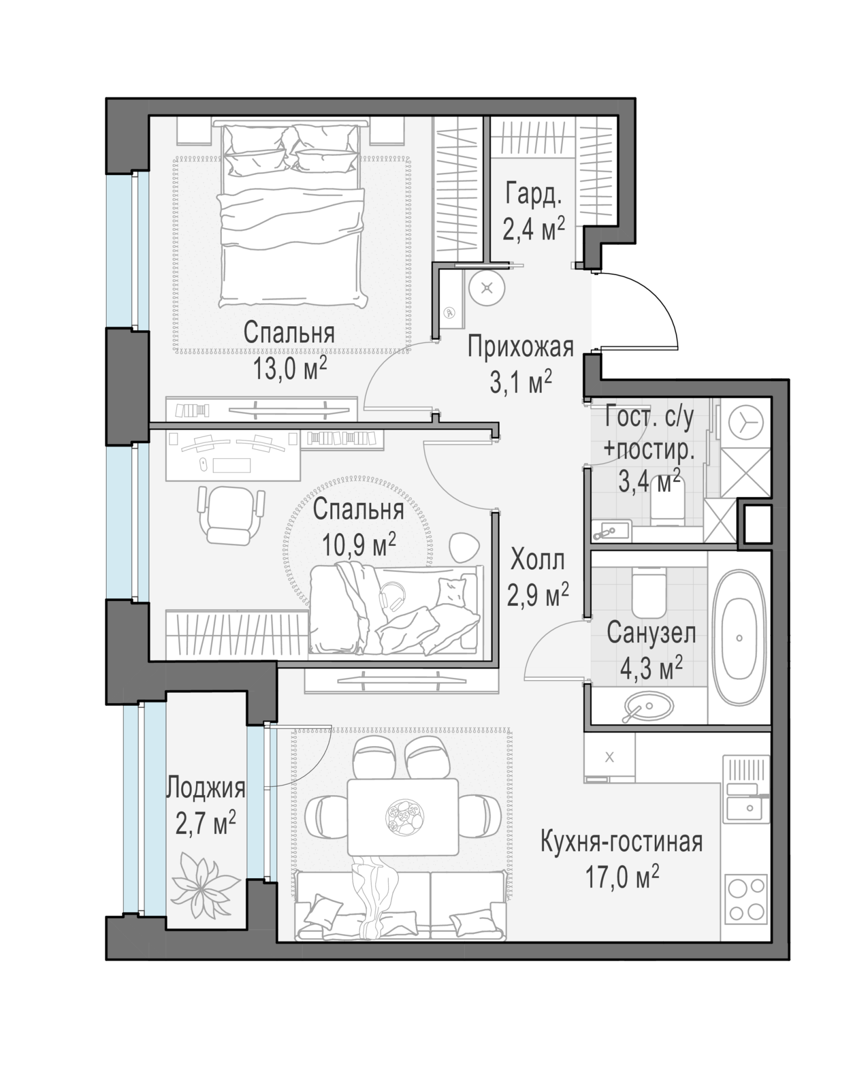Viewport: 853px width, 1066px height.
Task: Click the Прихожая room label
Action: (x=520, y=347)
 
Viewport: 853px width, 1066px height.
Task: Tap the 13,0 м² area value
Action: (x=290, y=369)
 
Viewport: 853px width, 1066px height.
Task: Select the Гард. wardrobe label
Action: (x=534, y=195)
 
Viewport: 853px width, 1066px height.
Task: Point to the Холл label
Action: (x=537, y=561)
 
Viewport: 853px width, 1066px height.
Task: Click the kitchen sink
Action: (x=746, y=806)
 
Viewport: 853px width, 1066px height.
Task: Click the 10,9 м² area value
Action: (x=359, y=545)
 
